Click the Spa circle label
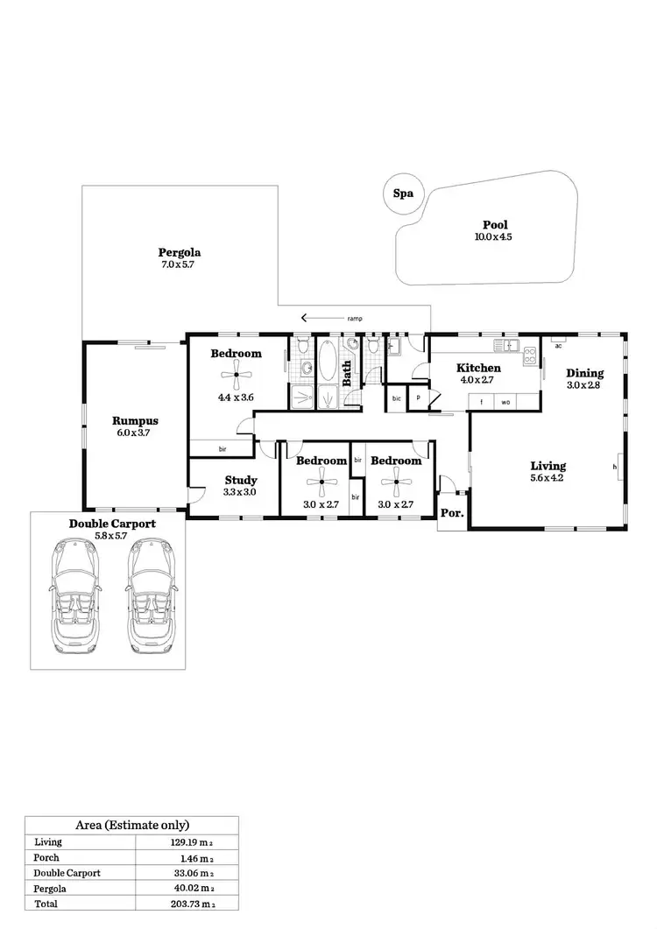pos(403,194)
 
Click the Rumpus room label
pos(135,420)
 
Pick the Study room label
pos(240,480)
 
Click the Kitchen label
pos(478,368)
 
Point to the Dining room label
pos(584,373)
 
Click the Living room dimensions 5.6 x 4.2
pos(547,478)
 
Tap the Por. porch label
pos(453,514)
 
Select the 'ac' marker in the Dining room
pos(558,344)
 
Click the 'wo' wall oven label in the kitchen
pos(505,402)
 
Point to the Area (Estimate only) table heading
pos(132,825)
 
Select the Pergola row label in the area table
pos(50,888)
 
